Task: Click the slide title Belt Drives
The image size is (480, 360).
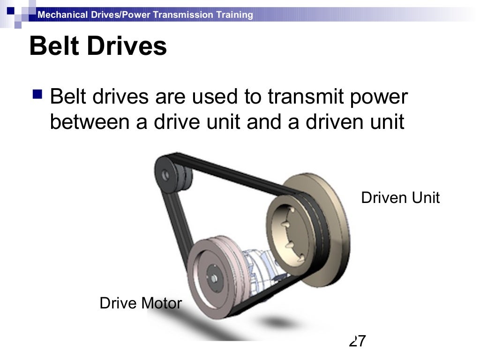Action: [98, 47]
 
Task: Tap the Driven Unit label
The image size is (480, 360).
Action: [400, 197]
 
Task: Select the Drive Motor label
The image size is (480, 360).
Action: [140, 303]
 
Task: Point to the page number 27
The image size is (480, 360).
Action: [357, 341]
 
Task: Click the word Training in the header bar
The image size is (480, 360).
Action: [234, 15]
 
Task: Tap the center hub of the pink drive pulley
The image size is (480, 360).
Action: [214, 277]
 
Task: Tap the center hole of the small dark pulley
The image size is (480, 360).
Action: [165, 175]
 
